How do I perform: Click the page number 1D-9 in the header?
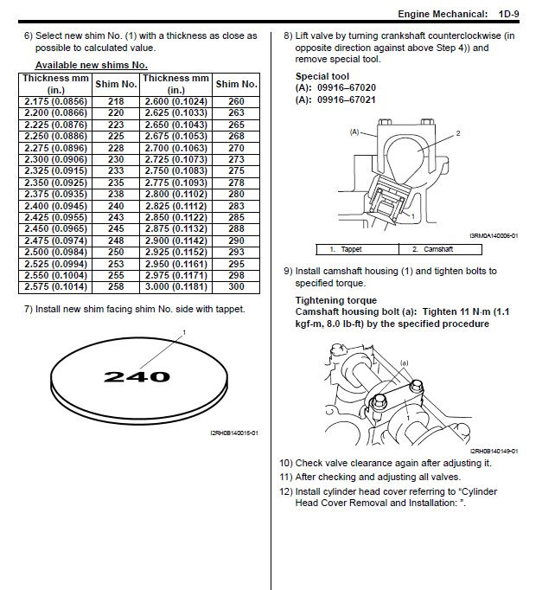tap(514, 15)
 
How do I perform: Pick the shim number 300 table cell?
tap(237, 286)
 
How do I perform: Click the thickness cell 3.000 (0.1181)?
tap(176, 286)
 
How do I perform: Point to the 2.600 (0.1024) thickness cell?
tap(176, 101)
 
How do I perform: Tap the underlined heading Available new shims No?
tap(91, 66)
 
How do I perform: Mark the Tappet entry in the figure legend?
tap(350, 249)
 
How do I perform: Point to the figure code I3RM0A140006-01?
tap(494, 235)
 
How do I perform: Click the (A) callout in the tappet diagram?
tap(354, 132)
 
